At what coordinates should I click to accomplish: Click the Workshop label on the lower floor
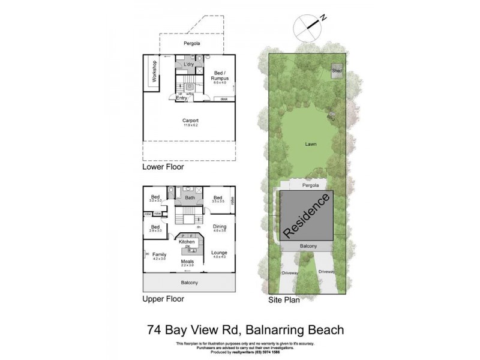tap(154, 71)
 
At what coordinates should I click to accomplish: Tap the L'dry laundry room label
tap(188, 64)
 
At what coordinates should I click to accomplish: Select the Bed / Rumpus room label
tap(218, 76)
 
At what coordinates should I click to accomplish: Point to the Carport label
tap(190, 121)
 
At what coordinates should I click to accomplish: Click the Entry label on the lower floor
tap(181, 98)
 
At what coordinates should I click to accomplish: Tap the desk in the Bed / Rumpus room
tap(224, 98)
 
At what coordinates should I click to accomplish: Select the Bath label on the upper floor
tap(190, 197)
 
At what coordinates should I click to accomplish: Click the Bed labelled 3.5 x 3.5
tap(218, 197)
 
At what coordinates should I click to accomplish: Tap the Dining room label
tap(219, 226)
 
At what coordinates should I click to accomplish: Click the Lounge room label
tap(219, 253)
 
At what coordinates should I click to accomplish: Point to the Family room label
tap(159, 254)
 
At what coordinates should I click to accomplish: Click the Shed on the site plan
tap(337, 71)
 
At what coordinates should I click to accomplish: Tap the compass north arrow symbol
tap(308, 25)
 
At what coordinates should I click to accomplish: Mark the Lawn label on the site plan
tap(310, 145)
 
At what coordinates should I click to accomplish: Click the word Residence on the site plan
tap(307, 214)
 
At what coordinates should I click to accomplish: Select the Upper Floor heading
tap(163, 298)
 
